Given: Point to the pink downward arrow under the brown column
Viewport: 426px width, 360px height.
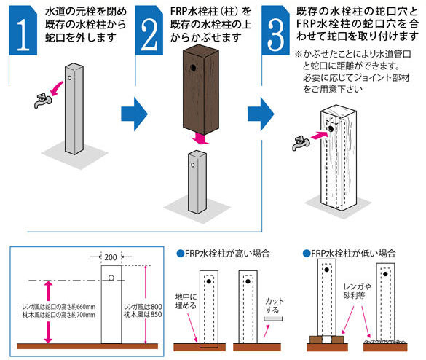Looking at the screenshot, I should tap(198, 138).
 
